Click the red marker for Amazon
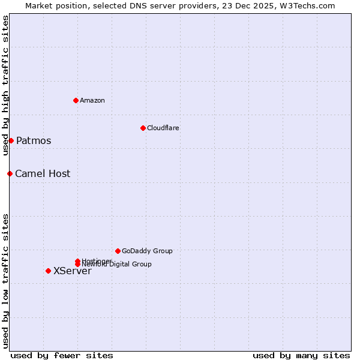tap(76, 100)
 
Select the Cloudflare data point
tap(143, 128)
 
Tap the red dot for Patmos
tap(11, 140)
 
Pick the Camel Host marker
tap(10, 173)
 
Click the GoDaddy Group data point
tap(118, 251)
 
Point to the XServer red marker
tap(48, 271)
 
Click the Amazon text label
tap(92, 100)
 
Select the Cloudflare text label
tap(163, 128)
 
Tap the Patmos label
tap(34, 141)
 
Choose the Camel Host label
tap(43, 174)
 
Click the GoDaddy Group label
tap(147, 251)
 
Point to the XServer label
tap(73, 271)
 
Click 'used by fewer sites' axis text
tap(62, 356)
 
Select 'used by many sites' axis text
tap(301, 356)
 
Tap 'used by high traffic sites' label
tap(5, 85)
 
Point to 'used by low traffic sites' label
tap(5, 280)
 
